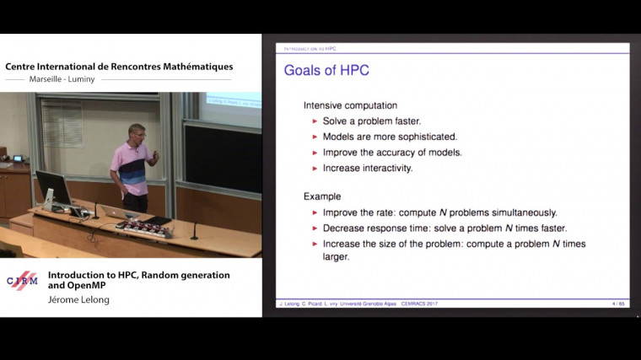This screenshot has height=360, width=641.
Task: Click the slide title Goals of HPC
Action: click(x=326, y=69)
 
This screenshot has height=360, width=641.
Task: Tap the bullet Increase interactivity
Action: click(x=367, y=168)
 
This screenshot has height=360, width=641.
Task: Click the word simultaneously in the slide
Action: click(x=519, y=212)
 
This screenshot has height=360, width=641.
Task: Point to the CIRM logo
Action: click(x=22, y=281)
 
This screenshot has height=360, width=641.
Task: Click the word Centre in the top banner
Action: click(x=24, y=67)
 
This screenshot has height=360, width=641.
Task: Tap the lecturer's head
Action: click(x=136, y=132)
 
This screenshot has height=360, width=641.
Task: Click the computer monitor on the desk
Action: click(x=52, y=189)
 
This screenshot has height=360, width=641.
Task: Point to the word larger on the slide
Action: click(x=337, y=257)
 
